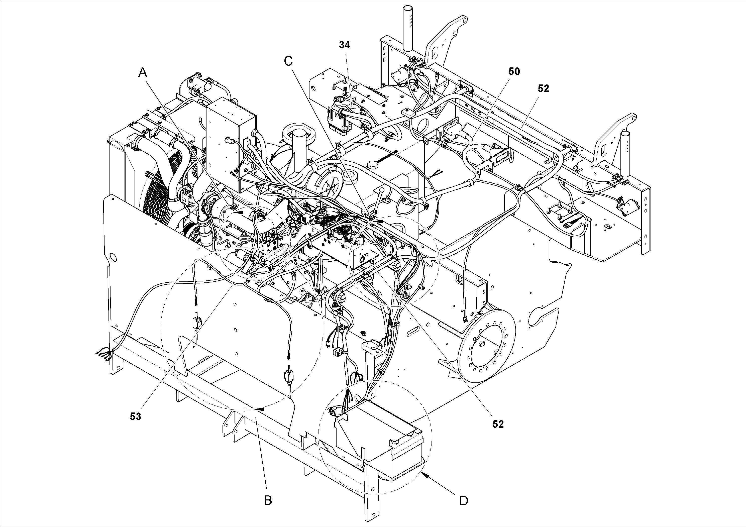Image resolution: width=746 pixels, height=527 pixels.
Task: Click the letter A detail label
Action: pos(143,72)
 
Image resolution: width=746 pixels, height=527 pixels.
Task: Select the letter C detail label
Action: pos(288,61)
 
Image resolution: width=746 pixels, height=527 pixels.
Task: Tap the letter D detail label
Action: pos(464,501)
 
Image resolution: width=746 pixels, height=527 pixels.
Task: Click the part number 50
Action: pos(514,71)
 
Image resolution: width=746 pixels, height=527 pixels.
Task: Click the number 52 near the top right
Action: pos(543,89)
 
